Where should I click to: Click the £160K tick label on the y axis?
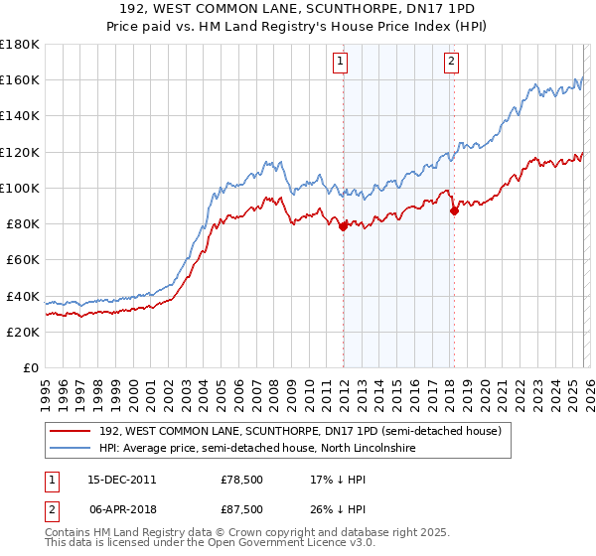click(20, 79)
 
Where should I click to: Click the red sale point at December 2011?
click(343, 226)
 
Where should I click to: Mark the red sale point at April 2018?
click(454, 210)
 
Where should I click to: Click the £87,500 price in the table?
click(242, 508)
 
